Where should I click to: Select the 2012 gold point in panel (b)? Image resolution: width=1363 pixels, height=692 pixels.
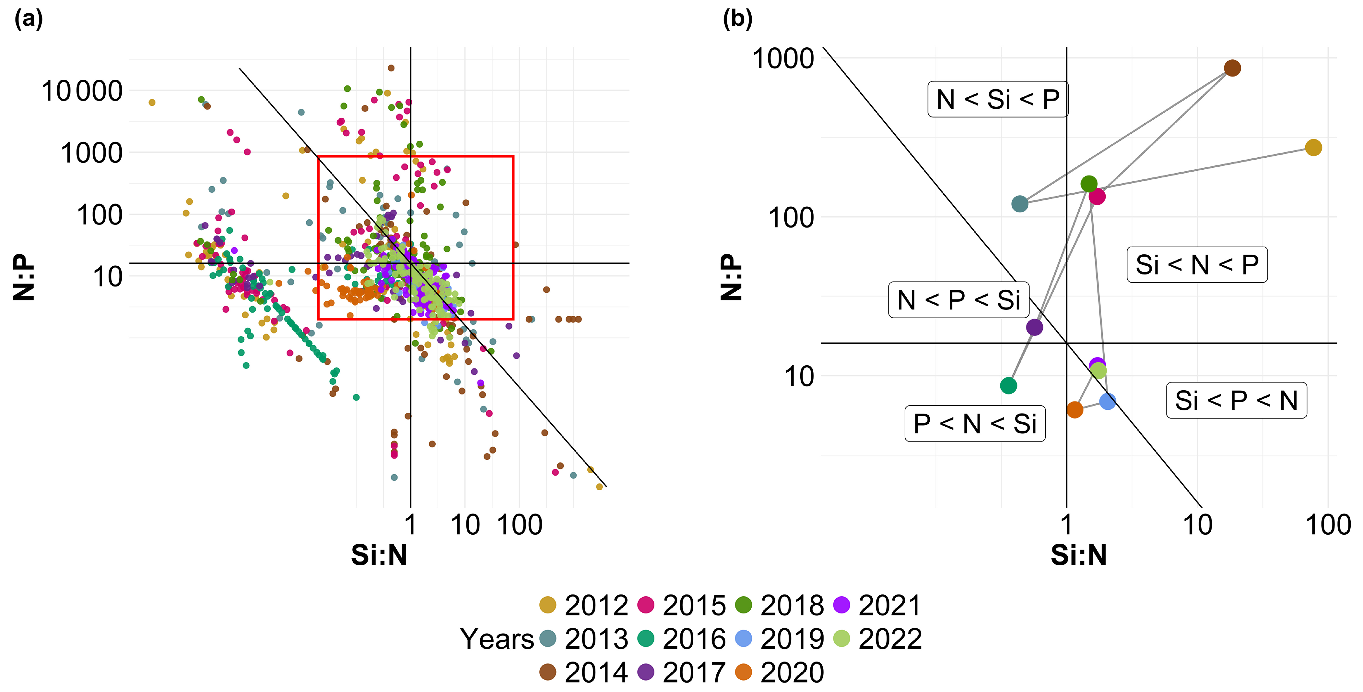[x=1313, y=148]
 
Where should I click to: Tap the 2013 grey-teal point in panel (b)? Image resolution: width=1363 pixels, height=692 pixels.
[x=1020, y=204]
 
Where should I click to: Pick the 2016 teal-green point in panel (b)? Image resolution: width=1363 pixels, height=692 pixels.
[x=1008, y=385]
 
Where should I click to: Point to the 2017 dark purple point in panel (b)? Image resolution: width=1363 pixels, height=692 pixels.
[x=1034, y=327]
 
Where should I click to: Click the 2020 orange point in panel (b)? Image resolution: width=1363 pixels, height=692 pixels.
[x=1075, y=410]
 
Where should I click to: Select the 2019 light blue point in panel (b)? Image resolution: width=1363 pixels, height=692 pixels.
[x=1108, y=401]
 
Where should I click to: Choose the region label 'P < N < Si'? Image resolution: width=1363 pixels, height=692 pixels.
[x=975, y=424]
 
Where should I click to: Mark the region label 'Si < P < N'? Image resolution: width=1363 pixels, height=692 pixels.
[x=1236, y=400]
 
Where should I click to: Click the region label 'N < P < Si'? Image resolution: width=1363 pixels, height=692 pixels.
[x=958, y=300]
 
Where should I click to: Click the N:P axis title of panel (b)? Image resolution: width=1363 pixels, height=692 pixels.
[x=732, y=277]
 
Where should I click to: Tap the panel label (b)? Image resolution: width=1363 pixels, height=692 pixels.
[x=737, y=19]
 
